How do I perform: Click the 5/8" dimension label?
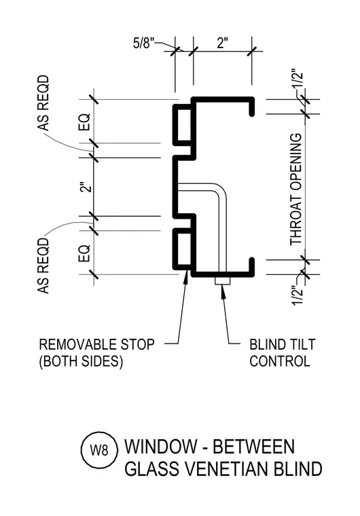[143, 43]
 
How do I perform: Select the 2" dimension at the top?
[223, 43]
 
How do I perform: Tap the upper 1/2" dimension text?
[298, 78]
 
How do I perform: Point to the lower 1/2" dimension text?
[298, 296]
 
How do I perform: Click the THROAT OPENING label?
[295, 189]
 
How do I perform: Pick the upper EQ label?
[84, 122]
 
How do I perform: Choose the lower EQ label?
[84, 253]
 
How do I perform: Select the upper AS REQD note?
[43, 103]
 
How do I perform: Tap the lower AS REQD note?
[43, 266]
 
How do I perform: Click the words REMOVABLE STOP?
[97, 344]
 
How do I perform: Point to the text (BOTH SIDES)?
[81, 361]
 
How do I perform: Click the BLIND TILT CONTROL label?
[283, 353]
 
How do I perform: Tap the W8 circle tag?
[99, 450]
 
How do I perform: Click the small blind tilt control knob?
[222, 281]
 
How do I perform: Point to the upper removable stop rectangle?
[182, 124]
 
